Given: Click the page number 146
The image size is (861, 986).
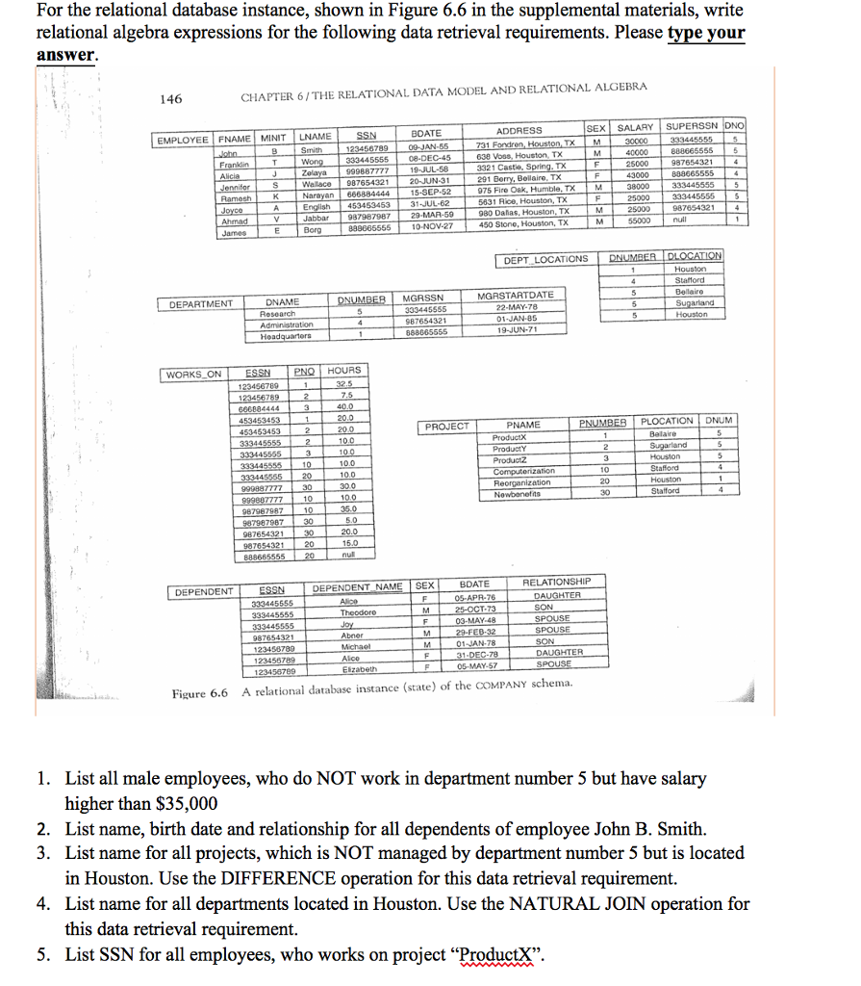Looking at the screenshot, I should [x=170, y=99].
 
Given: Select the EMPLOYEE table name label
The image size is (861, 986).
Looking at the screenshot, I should [x=182, y=141].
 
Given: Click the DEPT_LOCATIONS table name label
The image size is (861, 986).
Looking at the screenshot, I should [x=544, y=259].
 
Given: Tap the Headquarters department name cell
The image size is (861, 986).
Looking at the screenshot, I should [x=286, y=336].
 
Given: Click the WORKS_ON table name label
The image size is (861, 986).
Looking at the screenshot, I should [x=192, y=374].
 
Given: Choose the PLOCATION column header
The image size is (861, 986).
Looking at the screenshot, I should [x=667, y=422].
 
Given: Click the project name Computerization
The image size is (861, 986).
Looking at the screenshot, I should [x=523, y=470].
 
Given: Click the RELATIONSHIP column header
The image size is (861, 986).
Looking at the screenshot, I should [x=556, y=583].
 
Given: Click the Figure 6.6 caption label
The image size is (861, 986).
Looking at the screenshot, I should [x=199, y=693].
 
